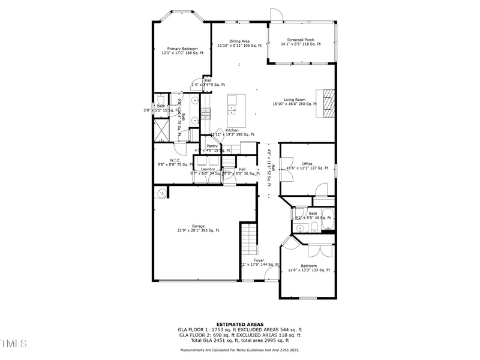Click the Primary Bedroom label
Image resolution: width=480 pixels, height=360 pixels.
pyautogui.click(x=182, y=51)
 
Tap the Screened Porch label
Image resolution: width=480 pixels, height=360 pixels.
pyautogui.click(x=300, y=42)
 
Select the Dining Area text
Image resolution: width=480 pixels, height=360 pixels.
pyautogui.click(x=239, y=43)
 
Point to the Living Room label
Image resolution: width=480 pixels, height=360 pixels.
pyautogui.click(x=295, y=101)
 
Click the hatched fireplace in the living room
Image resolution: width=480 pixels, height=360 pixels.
pyautogui.click(x=326, y=103)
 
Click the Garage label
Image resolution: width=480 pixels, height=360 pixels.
pyautogui.click(x=198, y=228)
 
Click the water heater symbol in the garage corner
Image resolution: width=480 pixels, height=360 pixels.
pyautogui.click(x=161, y=193)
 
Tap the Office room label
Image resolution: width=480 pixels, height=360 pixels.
pyautogui.click(x=307, y=166)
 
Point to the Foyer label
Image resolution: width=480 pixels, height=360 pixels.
pyautogui.click(x=259, y=262)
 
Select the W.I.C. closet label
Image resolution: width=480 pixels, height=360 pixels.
pyautogui.click(x=175, y=162)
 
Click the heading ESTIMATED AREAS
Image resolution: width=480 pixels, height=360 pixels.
pyautogui.click(x=240, y=324)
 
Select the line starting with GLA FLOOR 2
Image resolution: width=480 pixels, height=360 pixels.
pyautogui.click(x=240, y=335)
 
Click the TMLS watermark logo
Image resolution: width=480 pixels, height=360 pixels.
pyautogui.click(x=13, y=343)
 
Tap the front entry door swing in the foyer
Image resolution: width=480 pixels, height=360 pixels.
pyautogui.click(x=271, y=274)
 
